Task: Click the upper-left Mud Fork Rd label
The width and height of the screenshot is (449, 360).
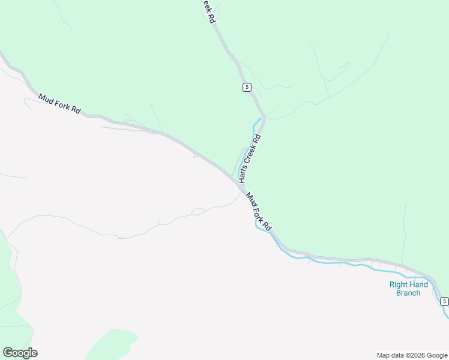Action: coord(59,103)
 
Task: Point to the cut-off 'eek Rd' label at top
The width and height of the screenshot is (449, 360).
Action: coord(208,11)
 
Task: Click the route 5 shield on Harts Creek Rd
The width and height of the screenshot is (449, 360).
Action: coord(247,87)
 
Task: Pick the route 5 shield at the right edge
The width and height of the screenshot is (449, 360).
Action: coord(444,301)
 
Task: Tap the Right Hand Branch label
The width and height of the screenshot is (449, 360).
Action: coord(409,289)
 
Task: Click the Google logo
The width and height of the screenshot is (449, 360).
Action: coord(20,353)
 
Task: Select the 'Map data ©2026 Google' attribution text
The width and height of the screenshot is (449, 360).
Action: coord(412,355)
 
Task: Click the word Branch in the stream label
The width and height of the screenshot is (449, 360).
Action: coord(409,293)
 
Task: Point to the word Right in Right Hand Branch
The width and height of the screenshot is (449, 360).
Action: coord(399,284)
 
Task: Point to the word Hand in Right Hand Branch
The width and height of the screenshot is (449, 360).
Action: coord(419,284)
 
